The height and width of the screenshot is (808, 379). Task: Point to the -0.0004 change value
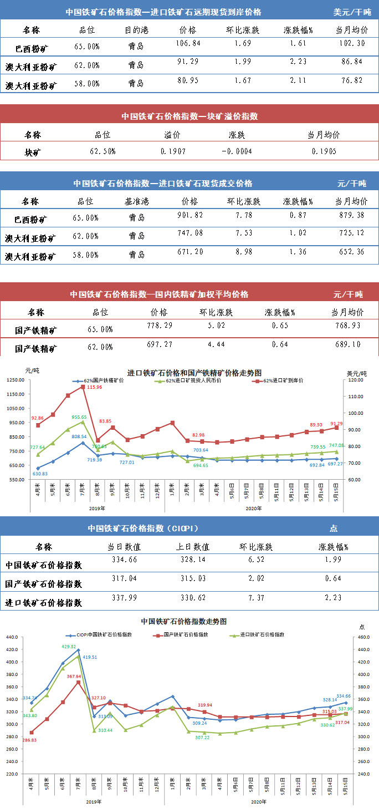[237, 150]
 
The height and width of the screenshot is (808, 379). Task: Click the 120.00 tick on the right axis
[355, 380]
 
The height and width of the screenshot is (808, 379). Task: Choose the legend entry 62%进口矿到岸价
[280, 381]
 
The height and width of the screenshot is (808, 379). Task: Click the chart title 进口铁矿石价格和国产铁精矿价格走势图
[194, 372]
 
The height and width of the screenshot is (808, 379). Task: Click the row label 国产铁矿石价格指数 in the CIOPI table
[43, 583]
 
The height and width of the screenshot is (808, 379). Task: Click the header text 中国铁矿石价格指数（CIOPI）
[143, 528]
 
